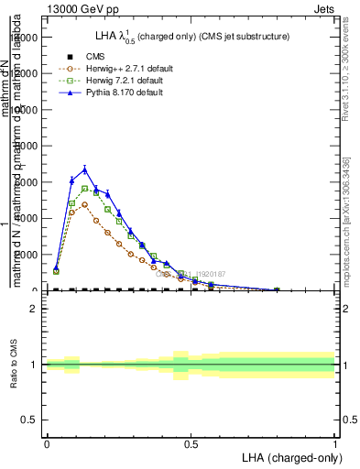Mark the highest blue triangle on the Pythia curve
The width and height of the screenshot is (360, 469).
coord(85,169)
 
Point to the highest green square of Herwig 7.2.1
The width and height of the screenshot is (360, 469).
coord(85,189)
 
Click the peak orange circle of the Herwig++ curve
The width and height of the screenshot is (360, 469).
coord(84,204)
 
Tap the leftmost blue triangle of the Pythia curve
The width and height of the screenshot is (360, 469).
coord(56,268)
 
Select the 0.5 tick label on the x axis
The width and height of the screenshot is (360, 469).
coord(191,443)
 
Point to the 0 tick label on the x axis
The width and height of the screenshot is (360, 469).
coord(47,443)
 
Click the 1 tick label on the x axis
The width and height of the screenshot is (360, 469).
coord(335,443)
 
